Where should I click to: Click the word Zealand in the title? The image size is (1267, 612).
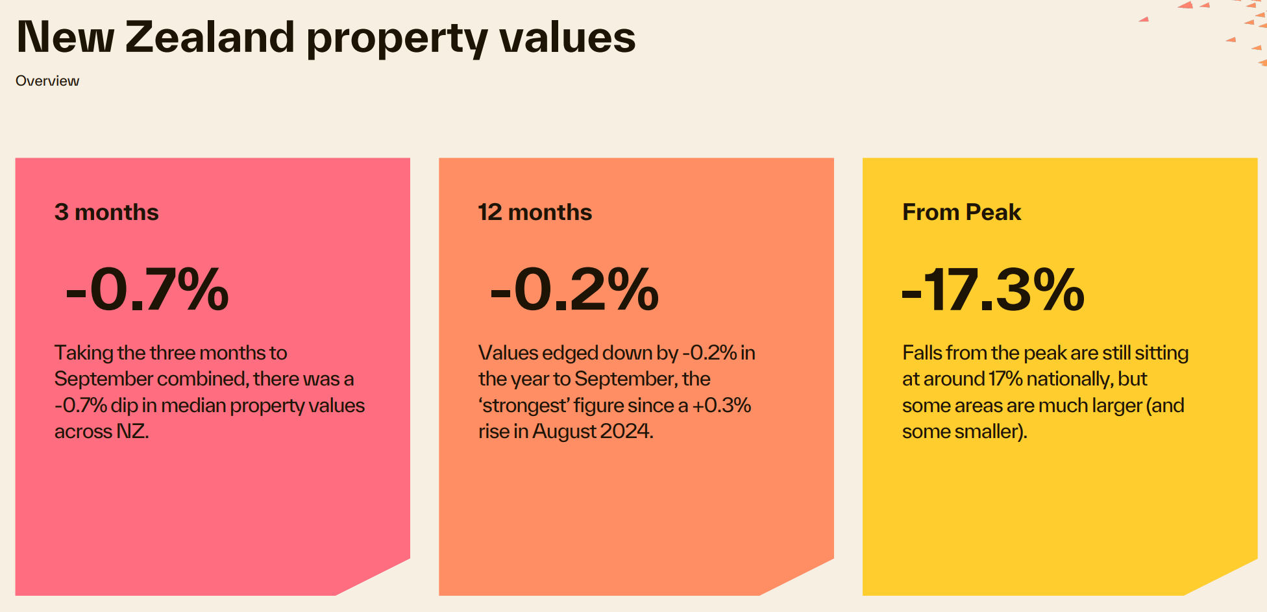210,37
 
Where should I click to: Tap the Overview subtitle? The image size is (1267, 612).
47,81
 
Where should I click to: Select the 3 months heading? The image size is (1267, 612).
106,212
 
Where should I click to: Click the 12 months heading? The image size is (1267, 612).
535,212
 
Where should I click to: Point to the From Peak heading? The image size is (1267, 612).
961,212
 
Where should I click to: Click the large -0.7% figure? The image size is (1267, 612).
147,289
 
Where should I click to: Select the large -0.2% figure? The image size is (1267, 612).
574,289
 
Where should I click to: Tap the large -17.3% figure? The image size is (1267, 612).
993,289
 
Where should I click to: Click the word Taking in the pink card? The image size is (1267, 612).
84,353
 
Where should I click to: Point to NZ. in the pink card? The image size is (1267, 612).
132,432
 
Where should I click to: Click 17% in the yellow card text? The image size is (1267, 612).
1005,379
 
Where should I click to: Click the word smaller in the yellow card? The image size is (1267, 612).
993,432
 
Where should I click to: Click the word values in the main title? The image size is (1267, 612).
567,37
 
